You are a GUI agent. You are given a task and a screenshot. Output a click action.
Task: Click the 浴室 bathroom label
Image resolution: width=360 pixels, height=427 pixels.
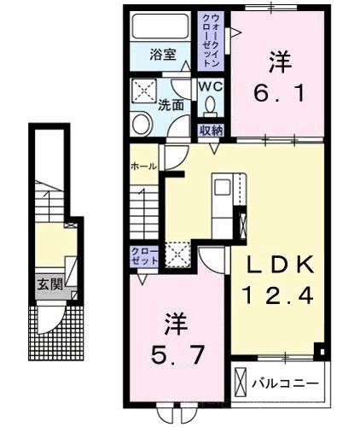point(163,55)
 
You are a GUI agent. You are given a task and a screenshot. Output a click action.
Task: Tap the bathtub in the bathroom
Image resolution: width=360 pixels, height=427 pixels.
point(160,26)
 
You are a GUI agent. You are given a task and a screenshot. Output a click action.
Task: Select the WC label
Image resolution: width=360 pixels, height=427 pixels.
point(211,87)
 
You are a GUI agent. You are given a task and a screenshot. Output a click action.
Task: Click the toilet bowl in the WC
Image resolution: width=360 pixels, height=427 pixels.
point(211,105)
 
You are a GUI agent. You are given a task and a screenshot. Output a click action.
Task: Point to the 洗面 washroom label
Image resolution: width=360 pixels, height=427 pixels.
point(171,105)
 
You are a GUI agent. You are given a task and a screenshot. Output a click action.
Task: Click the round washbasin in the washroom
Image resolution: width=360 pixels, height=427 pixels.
point(142,124)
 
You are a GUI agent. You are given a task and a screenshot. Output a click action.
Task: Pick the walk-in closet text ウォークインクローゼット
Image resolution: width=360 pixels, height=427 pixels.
point(211,41)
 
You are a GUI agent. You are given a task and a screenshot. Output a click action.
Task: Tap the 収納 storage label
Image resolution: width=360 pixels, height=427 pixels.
point(211,131)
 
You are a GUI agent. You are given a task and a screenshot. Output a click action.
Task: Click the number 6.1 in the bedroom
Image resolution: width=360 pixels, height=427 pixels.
point(280,94)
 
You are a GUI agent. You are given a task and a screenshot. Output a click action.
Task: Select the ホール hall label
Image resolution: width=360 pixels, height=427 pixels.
point(144,166)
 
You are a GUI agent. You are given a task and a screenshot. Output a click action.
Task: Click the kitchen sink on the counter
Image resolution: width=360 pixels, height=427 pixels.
point(223,187)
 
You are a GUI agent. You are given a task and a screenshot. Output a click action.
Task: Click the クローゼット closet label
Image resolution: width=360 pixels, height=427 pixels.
point(144,255)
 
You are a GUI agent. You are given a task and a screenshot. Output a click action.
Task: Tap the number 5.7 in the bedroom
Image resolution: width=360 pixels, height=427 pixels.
point(177,354)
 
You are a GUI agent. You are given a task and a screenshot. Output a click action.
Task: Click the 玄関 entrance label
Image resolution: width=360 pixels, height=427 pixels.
point(50,284)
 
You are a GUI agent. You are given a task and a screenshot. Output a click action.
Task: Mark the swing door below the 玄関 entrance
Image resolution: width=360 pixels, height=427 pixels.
point(51,318)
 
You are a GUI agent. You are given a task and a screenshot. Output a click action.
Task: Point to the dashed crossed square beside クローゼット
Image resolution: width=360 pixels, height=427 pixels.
point(177,254)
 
